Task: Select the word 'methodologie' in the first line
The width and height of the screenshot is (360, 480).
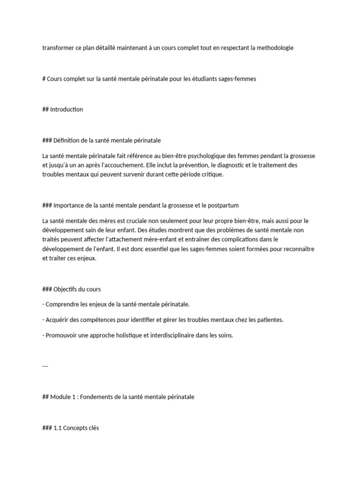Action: (x=275, y=48)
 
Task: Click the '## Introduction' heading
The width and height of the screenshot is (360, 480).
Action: (x=62, y=109)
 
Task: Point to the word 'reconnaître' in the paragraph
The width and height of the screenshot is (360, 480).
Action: (x=300, y=248)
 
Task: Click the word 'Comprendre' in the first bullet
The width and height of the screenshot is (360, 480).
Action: (x=62, y=304)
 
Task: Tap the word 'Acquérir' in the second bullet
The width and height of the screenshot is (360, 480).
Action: (x=57, y=320)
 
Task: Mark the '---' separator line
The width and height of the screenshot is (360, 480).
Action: (x=45, y=366)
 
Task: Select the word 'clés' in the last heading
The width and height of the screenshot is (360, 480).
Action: (x=93, y=427)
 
